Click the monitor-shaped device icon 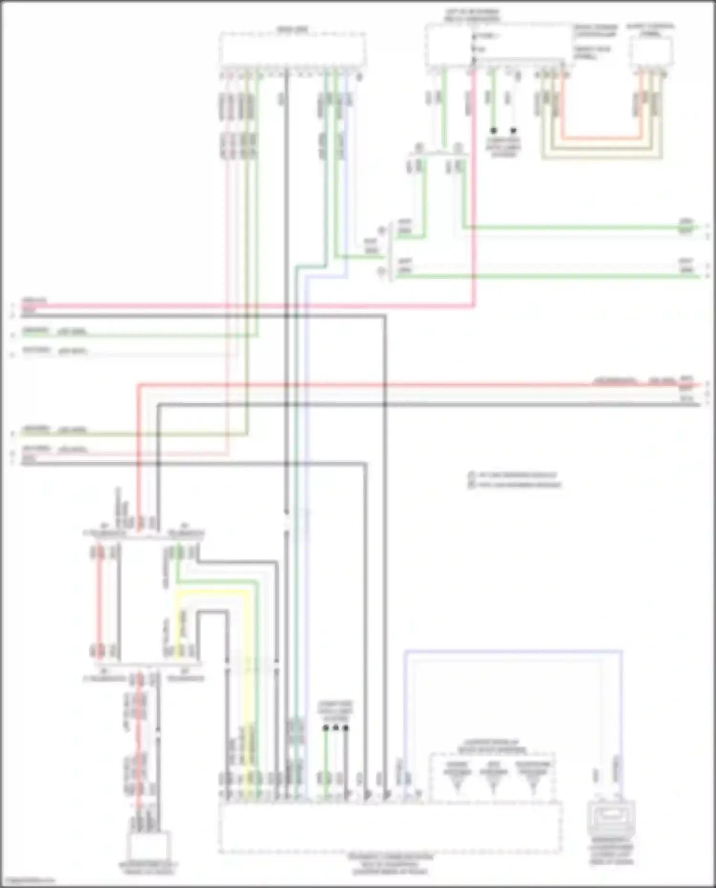pos(611,820)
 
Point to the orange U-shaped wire pos(601,139)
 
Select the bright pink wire pos(239,305)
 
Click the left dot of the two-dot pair pos(494,130)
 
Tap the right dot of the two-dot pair pos(514,130)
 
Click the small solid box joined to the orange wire pos(651,50)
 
